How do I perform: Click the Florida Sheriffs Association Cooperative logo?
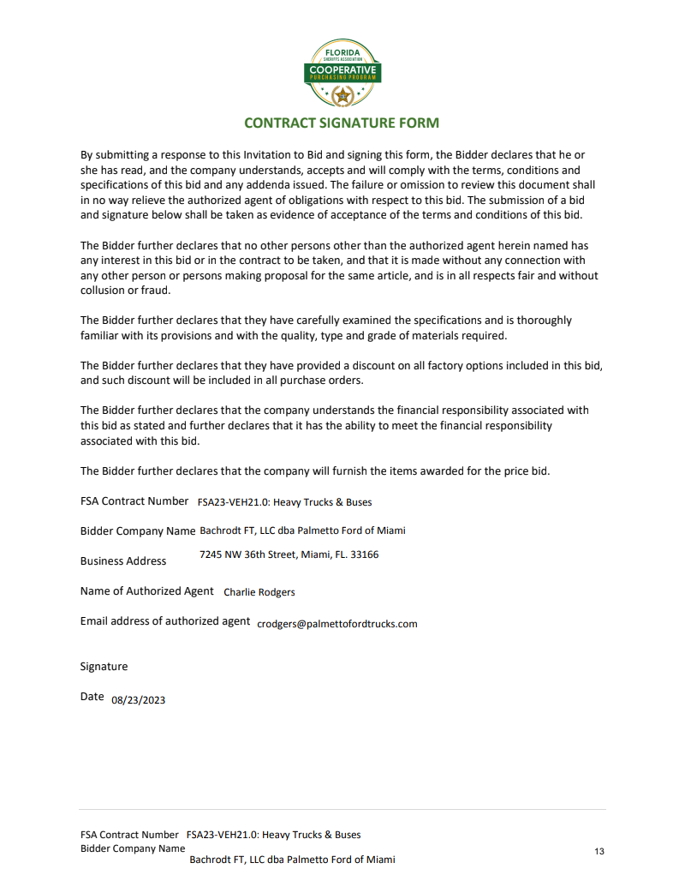click(x=342, y=74)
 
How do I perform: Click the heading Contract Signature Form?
click(x=342, y=123)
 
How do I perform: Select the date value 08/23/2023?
click(x=139, y=700)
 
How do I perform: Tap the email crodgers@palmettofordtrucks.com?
click(x=337, y=624)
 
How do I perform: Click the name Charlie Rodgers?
click(x=259, y=592)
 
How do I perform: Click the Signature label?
click(x=104, y=667)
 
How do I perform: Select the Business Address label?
click(x=123, y=561)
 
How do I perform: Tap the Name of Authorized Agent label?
click(x=147, y=591)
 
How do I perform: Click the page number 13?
click(x=599, y=851)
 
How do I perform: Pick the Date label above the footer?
click(x=92, y=697)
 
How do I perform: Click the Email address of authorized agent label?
click(x=165, y=621)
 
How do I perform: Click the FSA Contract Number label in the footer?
click(x=129, y=835)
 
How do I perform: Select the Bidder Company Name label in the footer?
click(x=133, y=848)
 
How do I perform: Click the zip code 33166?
click(x=365, y=554)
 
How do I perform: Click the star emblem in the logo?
click(x=342, y=95)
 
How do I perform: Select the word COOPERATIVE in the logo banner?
click(x=342, y=69)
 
